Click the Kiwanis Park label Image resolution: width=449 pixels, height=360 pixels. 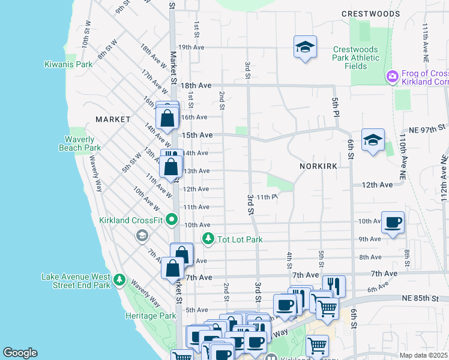tap(68, 64)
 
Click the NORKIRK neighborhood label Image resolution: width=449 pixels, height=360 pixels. tap(318, 165)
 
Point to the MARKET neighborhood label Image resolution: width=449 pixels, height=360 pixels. tap(113, 119)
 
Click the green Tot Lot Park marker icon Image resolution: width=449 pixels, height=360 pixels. tap(208, 239)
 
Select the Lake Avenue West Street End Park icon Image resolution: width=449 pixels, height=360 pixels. tap(119, 280)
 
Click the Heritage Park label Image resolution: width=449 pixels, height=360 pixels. tap(151, 316)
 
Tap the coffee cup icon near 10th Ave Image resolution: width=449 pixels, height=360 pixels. tap(393, 223)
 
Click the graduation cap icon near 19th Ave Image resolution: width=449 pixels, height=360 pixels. tap(305, 46)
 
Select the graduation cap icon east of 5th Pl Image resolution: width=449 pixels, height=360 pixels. tap(373, 140)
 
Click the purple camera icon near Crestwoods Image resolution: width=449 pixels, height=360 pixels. tap(392, 76)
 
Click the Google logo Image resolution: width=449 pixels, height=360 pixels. tap(20, 353)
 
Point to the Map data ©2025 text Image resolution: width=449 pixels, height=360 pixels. tap(423, 355)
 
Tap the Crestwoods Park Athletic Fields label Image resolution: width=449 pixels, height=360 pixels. tap(357, 58)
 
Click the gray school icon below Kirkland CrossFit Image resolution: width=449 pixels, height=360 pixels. tap(142, 235)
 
